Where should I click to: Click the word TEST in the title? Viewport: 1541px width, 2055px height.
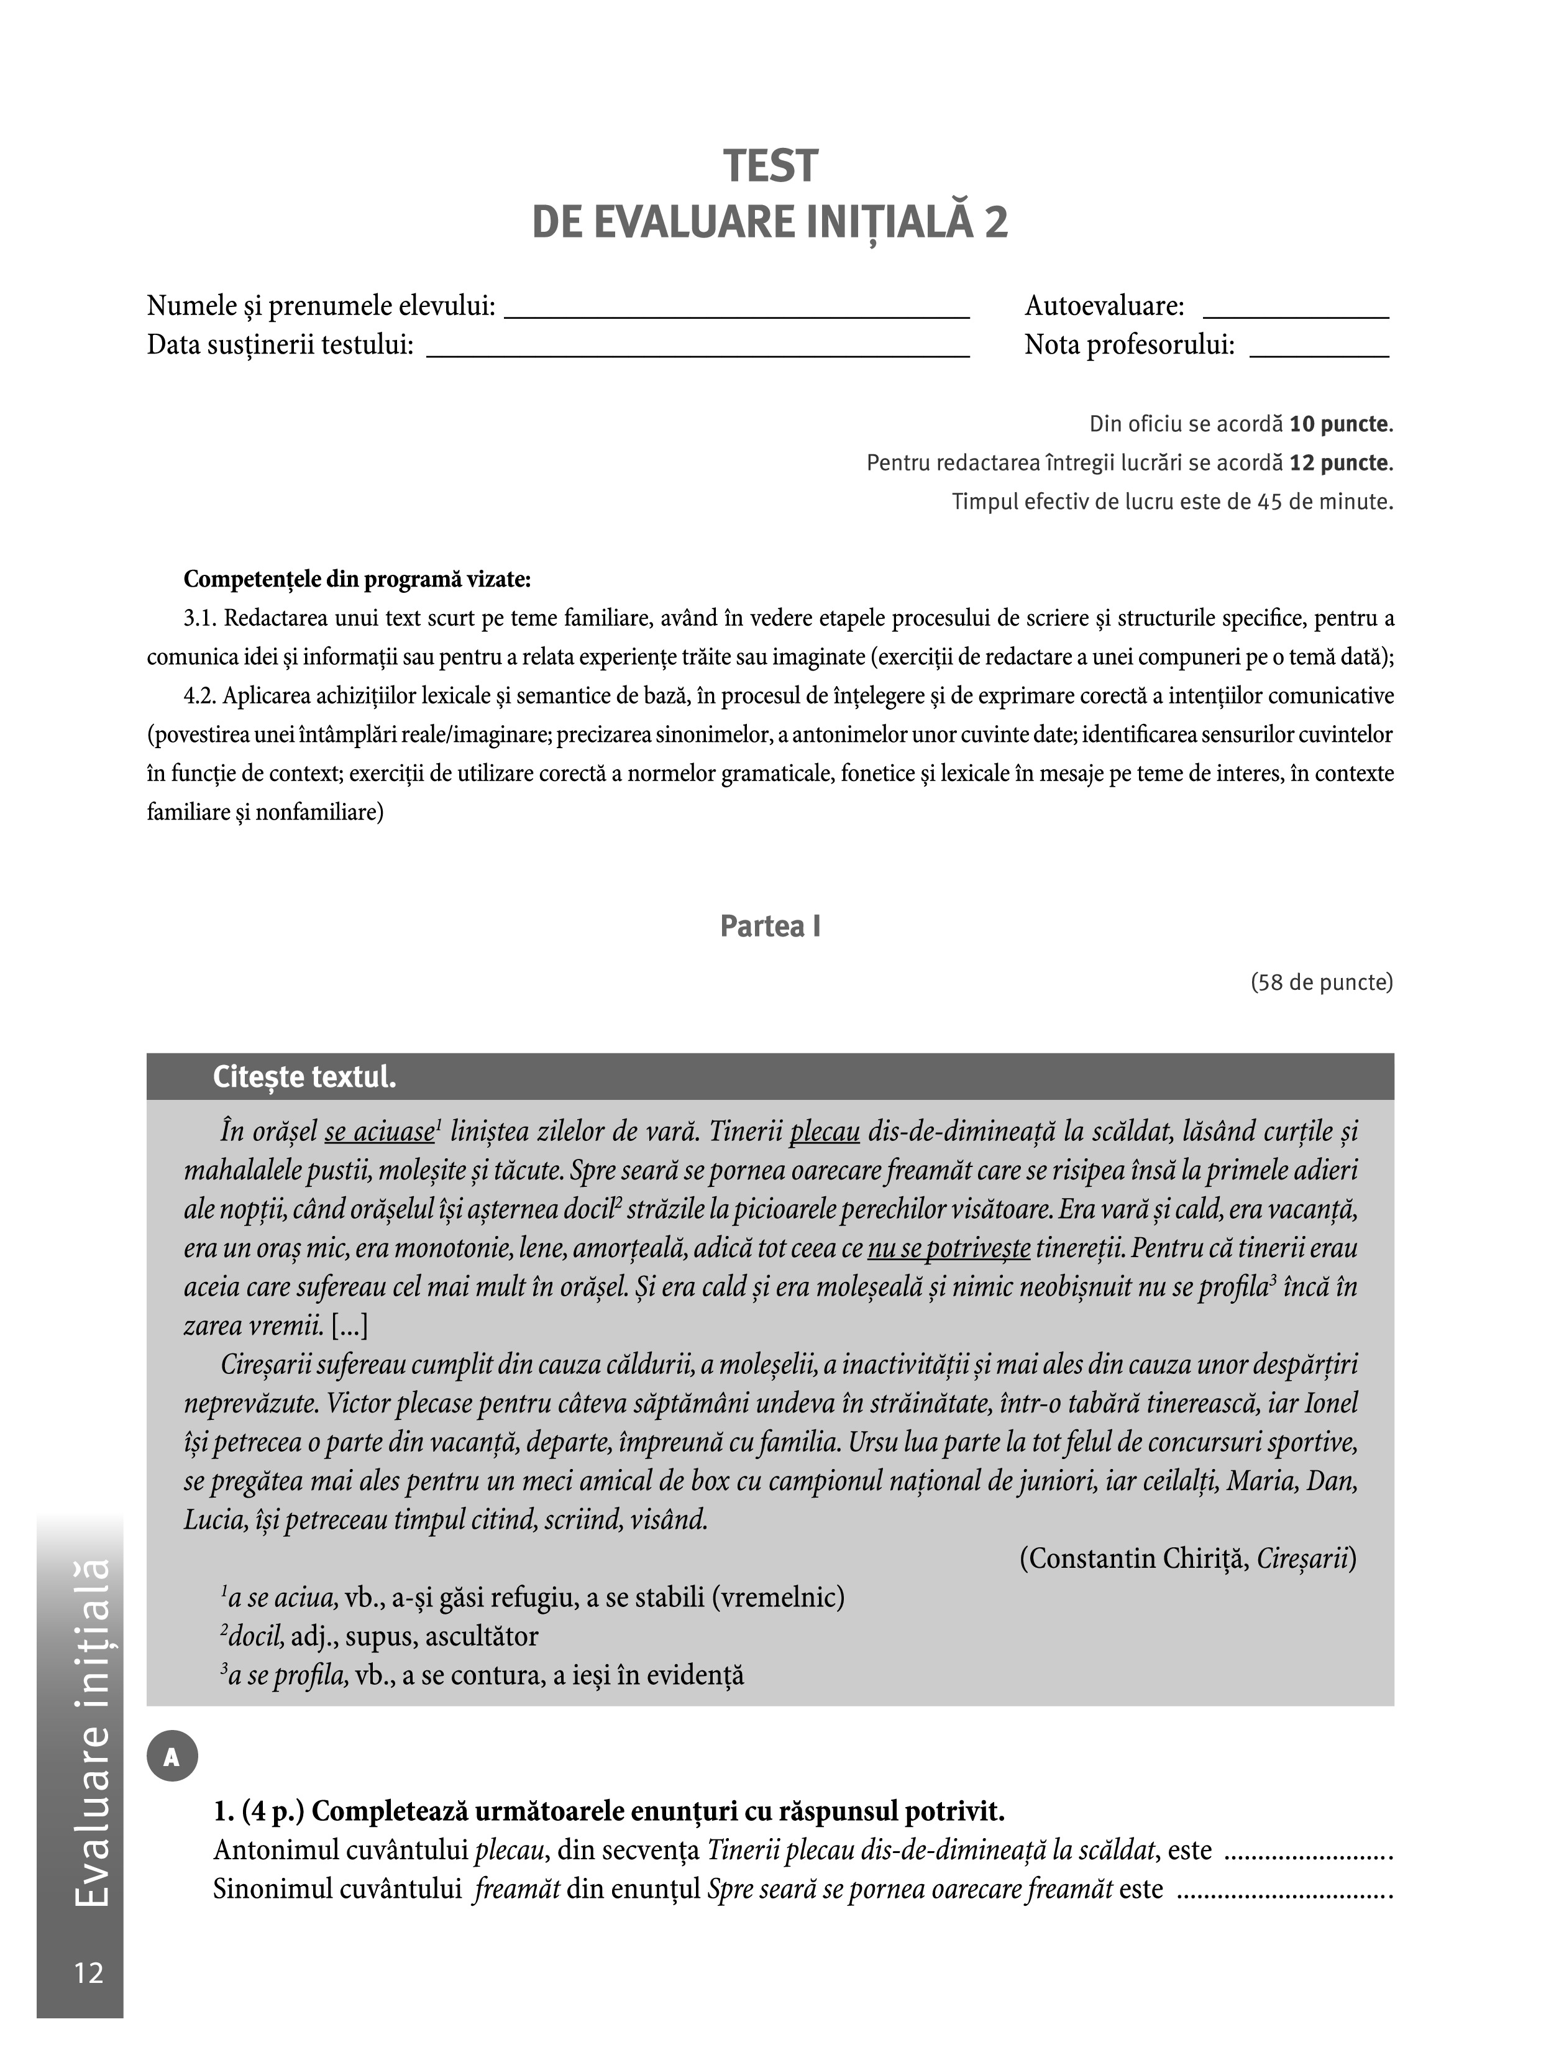tap(770, 167)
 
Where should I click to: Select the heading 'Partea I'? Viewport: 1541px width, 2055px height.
tap(770, 927)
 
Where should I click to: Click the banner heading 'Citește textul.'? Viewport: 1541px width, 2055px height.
tap(304, 1077)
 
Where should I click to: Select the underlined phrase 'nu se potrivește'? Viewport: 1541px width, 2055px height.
tap(948, 1248)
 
